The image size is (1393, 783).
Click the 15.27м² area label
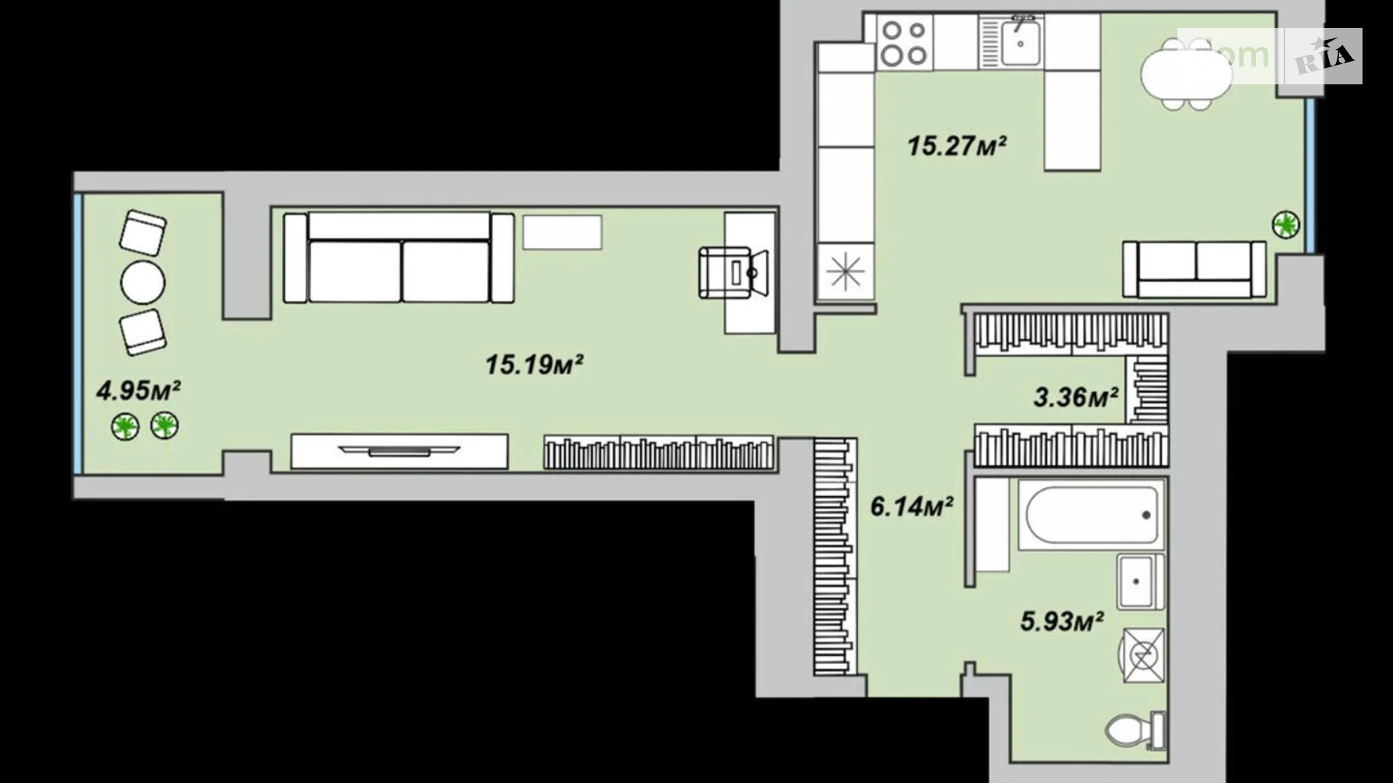pyautogui.click(x=956, y=145)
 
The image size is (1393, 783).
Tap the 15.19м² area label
pyautogui.click(x=534, y=365)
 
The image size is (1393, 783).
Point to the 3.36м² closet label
pyautogui.click(x=1074, y=396)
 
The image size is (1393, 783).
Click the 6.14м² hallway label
pyautogui.click(x=911, y=507)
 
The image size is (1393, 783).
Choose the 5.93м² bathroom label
pyautogui.click(x=1061, y=622)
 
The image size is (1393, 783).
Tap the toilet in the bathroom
pyautogui.click(x=1132, y=730)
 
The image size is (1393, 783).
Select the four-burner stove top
pyautogui.click(x=904, y=43)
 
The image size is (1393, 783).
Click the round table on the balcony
pyautogui.click(x=142, y=282)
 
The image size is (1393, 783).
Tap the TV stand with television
pyautogui.click(x=399, y=451)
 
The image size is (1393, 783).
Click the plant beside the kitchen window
pyautogui.click(x=1285, y=224)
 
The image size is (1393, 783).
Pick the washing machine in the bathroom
pyautogui.click(x=1143, y=656)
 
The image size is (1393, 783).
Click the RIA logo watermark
pyautogui.click(x=1323, y=56)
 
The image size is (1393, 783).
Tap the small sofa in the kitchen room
pyautogui.click(x=1193, y=269)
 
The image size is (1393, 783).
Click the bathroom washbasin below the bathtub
pyautogui.click(x=1139, y=582)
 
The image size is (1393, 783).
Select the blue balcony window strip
pyautogui.click(x=78, y=333)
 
